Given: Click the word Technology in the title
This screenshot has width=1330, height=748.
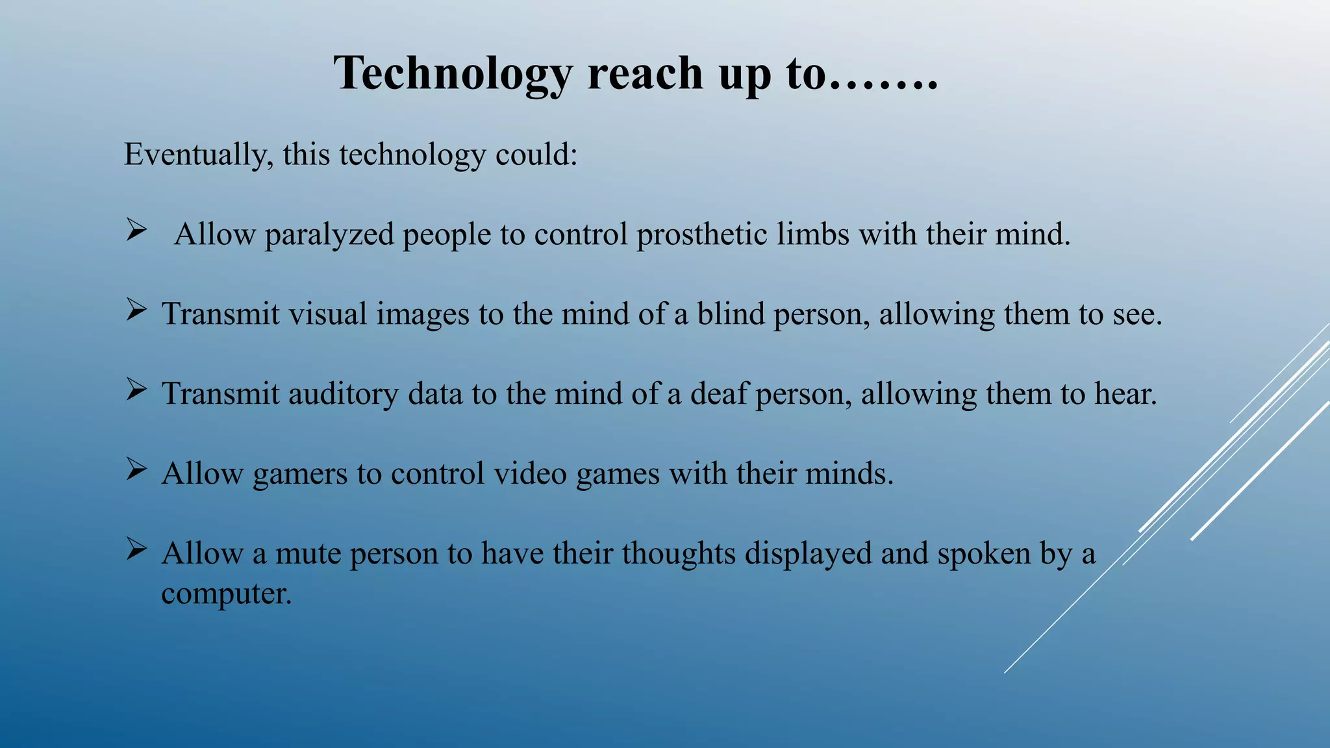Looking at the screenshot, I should (453, 73).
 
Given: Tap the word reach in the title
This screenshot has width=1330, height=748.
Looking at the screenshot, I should (646, 73).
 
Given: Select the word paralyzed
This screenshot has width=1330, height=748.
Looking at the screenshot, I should (329, 235).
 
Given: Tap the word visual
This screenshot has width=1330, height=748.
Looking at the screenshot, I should (328, 314).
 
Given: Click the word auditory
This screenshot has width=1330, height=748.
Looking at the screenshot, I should (343, 394).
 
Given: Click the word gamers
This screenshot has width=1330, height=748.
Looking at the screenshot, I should (300, 475).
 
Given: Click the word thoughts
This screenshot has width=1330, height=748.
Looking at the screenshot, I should (678, 554).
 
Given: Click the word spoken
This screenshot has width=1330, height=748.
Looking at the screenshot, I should (983, 554).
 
